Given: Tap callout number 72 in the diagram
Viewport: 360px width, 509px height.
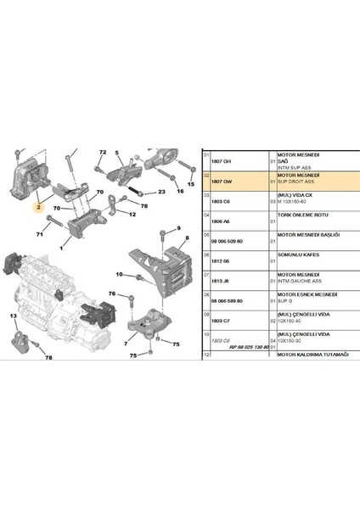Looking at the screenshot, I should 101,153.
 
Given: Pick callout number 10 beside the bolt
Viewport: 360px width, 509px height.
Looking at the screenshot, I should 119,274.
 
